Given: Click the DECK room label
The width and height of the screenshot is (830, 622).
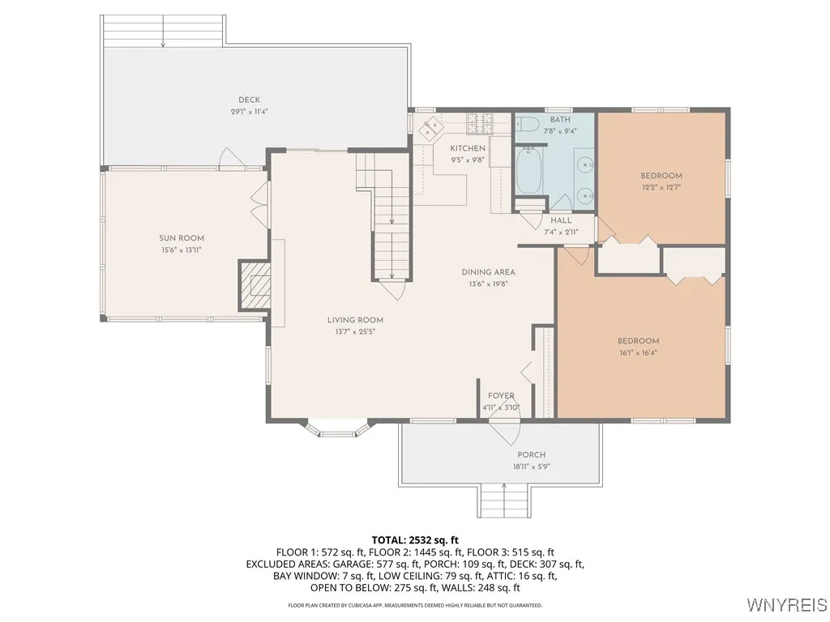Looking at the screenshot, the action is tap(250, 100).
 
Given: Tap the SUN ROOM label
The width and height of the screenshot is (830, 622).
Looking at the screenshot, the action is tap(182, 238).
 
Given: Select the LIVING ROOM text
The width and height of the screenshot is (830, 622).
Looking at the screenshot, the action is tap(355, 320).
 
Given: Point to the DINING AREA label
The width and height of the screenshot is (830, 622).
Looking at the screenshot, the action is tap(488, 272).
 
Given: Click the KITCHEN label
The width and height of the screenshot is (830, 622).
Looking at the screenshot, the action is tap(468, 148).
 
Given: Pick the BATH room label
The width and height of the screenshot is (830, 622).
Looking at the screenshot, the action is tap(560, 120).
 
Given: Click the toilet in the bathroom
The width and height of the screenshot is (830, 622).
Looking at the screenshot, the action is tap(527, 124).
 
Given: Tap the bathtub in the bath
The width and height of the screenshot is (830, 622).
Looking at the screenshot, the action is tap(528, 170).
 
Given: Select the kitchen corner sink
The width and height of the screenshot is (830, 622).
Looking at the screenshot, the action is tap(431, 127).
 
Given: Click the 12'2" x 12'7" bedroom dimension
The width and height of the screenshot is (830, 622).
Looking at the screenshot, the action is tap(661, 187).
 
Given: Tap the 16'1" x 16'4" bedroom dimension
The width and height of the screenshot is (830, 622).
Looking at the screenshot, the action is tap(638, 353).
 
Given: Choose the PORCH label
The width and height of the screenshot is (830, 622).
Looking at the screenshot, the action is tap(532, 455).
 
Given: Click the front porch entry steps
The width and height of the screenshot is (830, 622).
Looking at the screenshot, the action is tap(504, 501).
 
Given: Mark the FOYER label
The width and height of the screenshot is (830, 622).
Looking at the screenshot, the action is tap(501, 395).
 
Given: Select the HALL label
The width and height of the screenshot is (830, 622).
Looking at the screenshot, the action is tap(561, 220).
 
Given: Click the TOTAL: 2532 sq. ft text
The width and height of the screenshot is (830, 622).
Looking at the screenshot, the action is tap(415, 540).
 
